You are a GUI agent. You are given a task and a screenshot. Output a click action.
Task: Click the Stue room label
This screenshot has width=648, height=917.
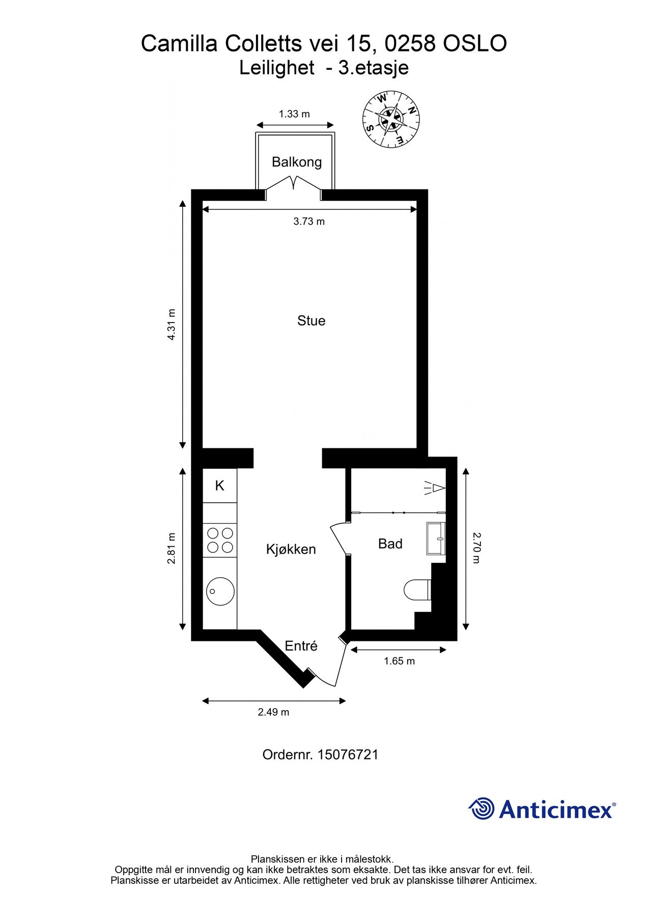tap(311, 320)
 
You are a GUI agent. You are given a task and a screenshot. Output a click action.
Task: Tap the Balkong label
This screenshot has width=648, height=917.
tap(297, 162)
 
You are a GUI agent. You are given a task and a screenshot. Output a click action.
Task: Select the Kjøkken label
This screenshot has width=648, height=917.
tap(291, 549)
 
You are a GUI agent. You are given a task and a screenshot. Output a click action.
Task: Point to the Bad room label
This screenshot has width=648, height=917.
tap(390, 544)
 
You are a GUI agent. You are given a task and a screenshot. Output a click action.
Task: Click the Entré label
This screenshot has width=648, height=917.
tap(301, 645)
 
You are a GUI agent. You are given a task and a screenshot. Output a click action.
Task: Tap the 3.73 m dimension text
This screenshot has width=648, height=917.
tap(309, 222)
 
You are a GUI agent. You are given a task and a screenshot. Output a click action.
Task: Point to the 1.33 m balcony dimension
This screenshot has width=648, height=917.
tap(294, 114)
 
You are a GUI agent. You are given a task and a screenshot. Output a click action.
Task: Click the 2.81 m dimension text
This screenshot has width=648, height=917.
tap(172, 548)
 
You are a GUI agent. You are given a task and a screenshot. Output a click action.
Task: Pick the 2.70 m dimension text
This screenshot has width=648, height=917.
tap(476, 548)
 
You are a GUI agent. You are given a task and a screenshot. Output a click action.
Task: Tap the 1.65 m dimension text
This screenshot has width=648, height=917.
tap(399, 661)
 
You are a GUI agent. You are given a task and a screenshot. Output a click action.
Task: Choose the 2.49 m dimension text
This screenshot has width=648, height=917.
tap(273, 712)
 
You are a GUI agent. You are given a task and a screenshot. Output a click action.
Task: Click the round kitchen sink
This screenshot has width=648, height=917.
tap(220, 591)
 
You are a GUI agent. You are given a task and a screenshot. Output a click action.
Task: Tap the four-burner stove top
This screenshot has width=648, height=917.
tap(220, 541)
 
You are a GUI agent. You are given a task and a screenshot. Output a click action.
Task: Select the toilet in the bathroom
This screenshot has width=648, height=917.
tap(417, 590)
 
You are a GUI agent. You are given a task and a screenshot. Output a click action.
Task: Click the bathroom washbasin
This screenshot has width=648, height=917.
tap(436, 538)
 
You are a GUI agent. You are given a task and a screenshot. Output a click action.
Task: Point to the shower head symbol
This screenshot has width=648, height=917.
tap(434, 489)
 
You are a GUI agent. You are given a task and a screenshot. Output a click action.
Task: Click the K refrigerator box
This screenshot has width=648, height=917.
tap(220, 486)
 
